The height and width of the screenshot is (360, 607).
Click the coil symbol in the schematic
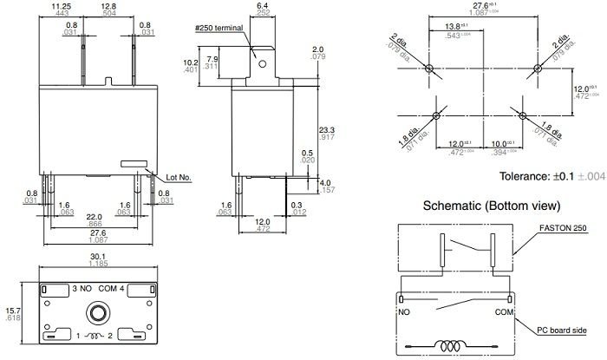pos(450,345)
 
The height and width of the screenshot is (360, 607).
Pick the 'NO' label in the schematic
pos(404,311)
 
